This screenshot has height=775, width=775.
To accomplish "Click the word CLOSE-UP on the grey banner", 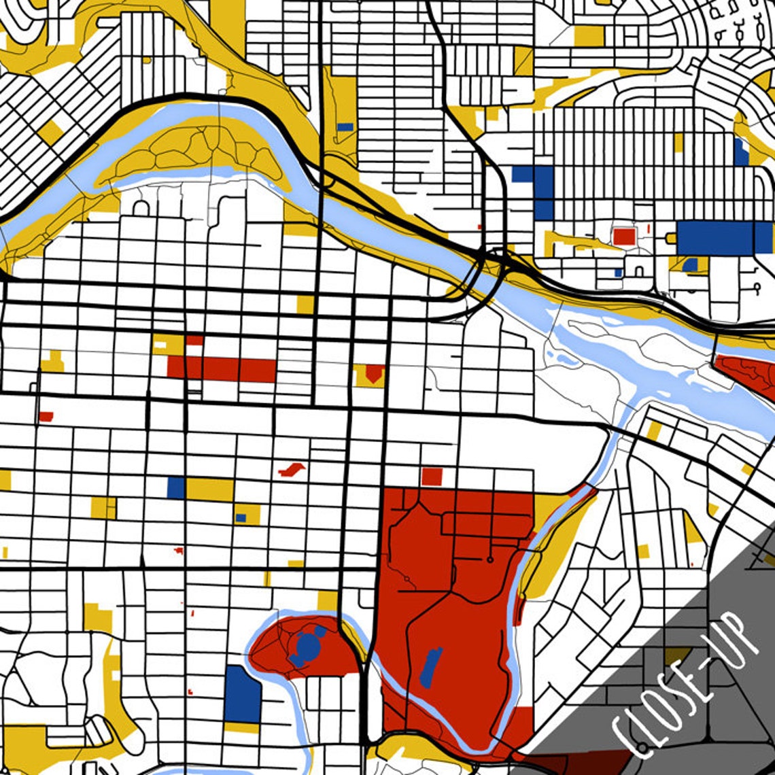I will coord(687,687).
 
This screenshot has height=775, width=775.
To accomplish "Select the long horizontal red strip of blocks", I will coord(222,369).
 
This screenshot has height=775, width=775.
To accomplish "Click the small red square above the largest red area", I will coord(432,476).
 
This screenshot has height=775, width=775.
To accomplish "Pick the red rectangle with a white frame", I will coord(623,236).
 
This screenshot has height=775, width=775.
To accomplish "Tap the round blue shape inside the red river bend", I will coord(308,647).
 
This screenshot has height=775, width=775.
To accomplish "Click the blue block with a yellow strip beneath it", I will coord(243,694).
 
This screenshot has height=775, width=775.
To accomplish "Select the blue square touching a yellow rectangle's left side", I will coord(176,487).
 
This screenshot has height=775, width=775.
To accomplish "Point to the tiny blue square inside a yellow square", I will coord(241,517).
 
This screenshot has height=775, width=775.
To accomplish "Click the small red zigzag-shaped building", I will coord(292,469).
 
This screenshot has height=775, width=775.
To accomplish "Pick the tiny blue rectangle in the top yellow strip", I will coord(345,126).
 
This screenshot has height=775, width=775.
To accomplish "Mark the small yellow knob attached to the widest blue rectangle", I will coord(671,237).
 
